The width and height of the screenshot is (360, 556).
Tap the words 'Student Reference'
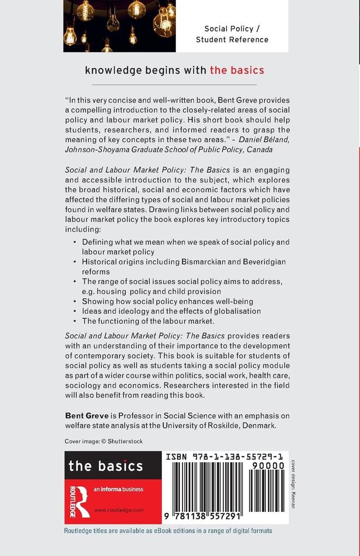click(232, 39)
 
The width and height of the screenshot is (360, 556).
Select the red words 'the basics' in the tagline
click(237, 70)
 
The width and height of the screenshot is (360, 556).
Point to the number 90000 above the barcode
click(270, 466)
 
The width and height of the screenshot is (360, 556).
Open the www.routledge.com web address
click(119, 510)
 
